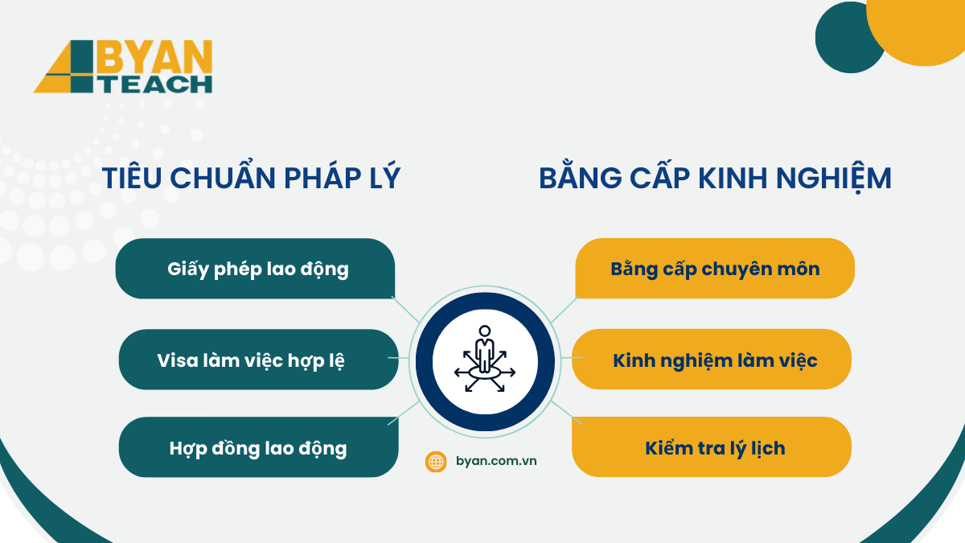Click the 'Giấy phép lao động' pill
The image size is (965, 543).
coord(255,269)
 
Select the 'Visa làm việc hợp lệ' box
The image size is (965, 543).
coord(258,360)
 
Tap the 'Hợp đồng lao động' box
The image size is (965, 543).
coord(258,447)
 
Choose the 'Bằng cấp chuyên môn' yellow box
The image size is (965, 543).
coord(715,269)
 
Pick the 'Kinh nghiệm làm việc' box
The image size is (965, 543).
coord(712,360)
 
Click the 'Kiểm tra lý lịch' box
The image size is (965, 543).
coord(712,447)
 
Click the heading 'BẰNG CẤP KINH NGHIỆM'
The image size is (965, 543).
coord(715,177)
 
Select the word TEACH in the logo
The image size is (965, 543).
coord(156,84)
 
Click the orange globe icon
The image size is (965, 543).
coord(436,462)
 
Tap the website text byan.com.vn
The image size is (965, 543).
coord(496,461)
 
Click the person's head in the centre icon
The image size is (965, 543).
coord(485,331)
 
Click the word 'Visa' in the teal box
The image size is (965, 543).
coord(178,360)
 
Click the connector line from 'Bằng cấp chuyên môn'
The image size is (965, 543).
coord(565,311)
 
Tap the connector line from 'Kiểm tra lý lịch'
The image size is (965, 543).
coord(566,413)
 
